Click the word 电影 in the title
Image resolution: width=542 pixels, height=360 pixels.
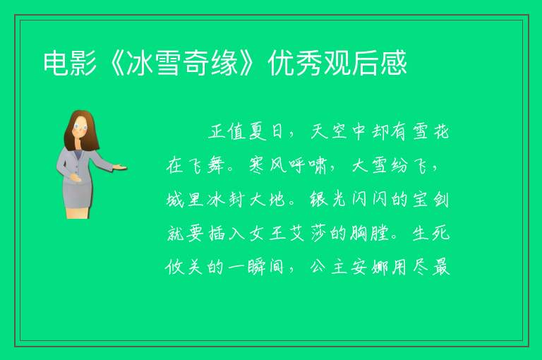[70, 63]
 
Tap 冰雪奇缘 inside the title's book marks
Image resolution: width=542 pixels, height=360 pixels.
[182, 63]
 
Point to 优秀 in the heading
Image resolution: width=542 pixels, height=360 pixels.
[295, 63]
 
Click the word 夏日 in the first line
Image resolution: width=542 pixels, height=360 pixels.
[267, 132]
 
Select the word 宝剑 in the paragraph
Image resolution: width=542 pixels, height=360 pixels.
[430, 199]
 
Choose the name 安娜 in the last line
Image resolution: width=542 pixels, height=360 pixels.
[369, 267]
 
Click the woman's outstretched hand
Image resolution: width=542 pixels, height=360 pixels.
[120, 167]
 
